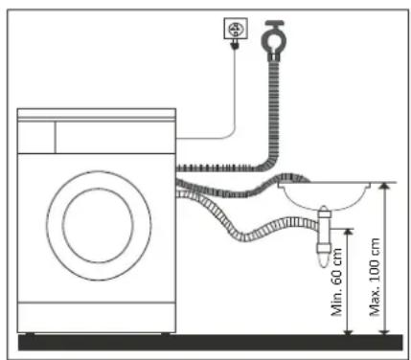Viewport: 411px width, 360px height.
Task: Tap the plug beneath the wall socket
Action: point(232,44)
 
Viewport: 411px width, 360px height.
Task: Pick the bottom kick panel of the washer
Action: point(97,316)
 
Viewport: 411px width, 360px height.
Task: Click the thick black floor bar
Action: point(205,341)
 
